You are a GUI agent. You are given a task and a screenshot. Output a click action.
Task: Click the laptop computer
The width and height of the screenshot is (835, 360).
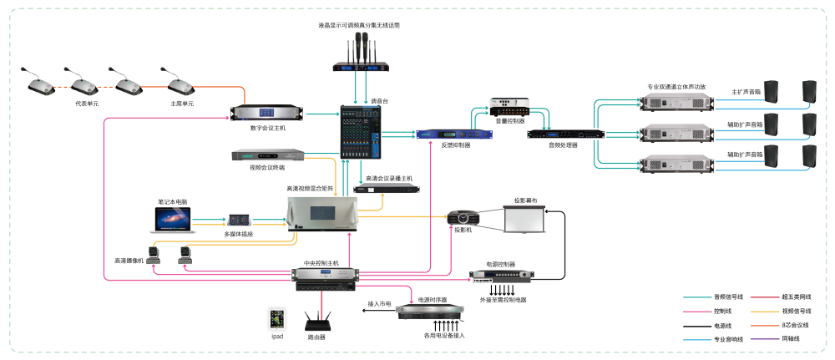[170, 219]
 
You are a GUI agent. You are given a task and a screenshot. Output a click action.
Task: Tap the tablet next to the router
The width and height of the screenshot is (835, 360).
[276, 318]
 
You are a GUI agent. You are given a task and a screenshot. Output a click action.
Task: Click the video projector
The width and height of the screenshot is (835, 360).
[462, 217]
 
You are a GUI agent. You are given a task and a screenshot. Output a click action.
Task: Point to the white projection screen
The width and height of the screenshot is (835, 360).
[523, 218]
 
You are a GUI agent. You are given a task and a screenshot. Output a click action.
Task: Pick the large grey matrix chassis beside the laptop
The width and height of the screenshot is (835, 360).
[322, 213]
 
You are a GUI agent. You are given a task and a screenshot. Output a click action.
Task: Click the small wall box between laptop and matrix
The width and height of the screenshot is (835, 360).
[239, 220]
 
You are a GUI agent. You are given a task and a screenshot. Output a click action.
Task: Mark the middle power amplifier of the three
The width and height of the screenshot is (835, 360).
[676, 134]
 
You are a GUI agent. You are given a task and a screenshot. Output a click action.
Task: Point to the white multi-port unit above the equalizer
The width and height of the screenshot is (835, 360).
[509, 107]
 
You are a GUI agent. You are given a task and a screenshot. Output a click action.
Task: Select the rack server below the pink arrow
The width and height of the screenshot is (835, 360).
[430, 312]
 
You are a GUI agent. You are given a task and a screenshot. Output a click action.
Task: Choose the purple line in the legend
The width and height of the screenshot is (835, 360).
[765, 339]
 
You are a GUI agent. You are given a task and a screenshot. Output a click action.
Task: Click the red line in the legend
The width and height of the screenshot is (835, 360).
[765, 297]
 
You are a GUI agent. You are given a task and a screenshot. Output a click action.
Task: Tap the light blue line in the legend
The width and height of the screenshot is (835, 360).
[697, 339]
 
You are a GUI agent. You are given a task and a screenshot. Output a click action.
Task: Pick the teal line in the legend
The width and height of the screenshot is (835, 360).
[697, 297]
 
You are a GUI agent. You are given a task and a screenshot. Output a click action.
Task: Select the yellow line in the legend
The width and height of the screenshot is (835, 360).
[765, 312]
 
